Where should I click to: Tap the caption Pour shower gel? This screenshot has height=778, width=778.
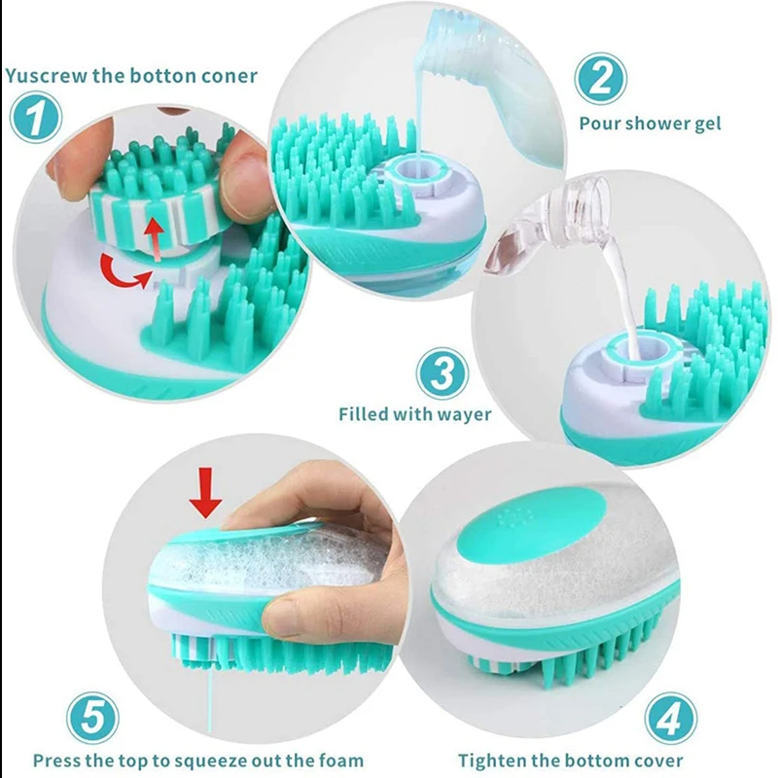click(650, 124)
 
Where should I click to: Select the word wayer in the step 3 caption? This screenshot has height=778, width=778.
click(464, 414)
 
